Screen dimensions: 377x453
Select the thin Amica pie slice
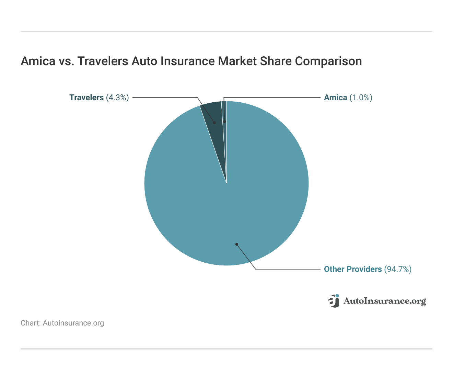(x=224, y=113)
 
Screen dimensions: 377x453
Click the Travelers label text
(x=86, y=98)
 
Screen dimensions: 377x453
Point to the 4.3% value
(x=117, y=98)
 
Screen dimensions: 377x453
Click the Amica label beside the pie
(x=336, y=98)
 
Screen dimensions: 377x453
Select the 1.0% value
(x=361, y=98)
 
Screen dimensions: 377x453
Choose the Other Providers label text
(x=353, y=269)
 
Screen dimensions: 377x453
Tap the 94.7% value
(x=397, y=269)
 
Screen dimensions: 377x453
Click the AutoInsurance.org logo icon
(x=334, y=301)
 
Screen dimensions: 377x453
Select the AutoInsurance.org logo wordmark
(x=385, y=301)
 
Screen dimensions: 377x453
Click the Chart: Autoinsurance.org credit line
(x=62, y=323)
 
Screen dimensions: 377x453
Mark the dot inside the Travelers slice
(x=214, y=123)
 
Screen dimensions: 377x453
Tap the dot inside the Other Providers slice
(x=236, y=244)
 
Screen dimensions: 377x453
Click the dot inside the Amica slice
(x=224, y=122)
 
